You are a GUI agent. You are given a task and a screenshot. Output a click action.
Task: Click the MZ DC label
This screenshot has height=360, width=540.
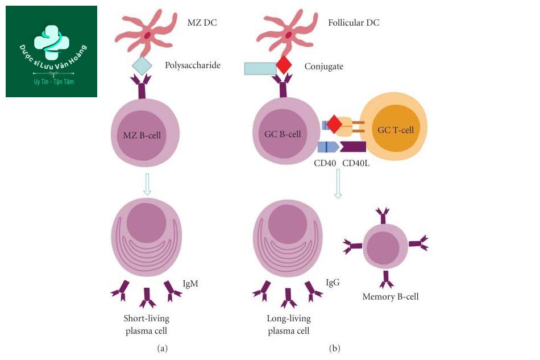point(202,23)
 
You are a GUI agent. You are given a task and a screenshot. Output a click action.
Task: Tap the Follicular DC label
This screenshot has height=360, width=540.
point(354,23)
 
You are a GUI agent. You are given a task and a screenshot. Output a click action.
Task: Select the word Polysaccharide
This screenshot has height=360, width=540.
point(193,65)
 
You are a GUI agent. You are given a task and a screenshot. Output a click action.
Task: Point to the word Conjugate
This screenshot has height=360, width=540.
point(324,66)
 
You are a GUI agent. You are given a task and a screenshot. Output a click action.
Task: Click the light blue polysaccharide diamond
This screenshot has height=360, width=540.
point(142,65)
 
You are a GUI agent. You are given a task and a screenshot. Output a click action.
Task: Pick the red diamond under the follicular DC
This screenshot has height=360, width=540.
point(284,65)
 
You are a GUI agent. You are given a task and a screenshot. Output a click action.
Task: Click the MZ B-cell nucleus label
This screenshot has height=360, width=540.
point(142,135)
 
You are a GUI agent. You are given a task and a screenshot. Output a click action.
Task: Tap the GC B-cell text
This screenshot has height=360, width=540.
point(283,134)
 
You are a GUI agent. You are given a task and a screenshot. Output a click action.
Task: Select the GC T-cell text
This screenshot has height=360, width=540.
point(396,130)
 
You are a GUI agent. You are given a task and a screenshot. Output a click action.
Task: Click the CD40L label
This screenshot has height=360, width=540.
point(356,163)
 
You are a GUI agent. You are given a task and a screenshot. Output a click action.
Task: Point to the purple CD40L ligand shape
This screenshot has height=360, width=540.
point(353,146)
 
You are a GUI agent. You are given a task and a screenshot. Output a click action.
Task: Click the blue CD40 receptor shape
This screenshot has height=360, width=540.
point(328,147)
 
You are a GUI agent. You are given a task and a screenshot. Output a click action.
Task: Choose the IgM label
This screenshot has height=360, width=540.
point(190,284)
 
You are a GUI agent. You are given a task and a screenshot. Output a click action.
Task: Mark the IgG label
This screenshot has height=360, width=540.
point(333,283)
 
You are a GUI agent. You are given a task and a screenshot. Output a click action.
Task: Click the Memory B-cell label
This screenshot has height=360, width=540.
point(390,297)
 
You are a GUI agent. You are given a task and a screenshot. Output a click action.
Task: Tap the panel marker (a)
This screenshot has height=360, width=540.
point(162,348)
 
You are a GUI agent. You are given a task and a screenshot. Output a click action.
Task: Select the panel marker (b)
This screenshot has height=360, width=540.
point(334,348)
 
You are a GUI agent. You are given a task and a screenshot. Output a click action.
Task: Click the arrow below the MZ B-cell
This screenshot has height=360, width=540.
point(147,184)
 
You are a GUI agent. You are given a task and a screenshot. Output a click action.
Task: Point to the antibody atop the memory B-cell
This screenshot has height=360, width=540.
point(383,216)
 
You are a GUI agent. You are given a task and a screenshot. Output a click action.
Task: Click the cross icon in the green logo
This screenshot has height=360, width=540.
point(52,42)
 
